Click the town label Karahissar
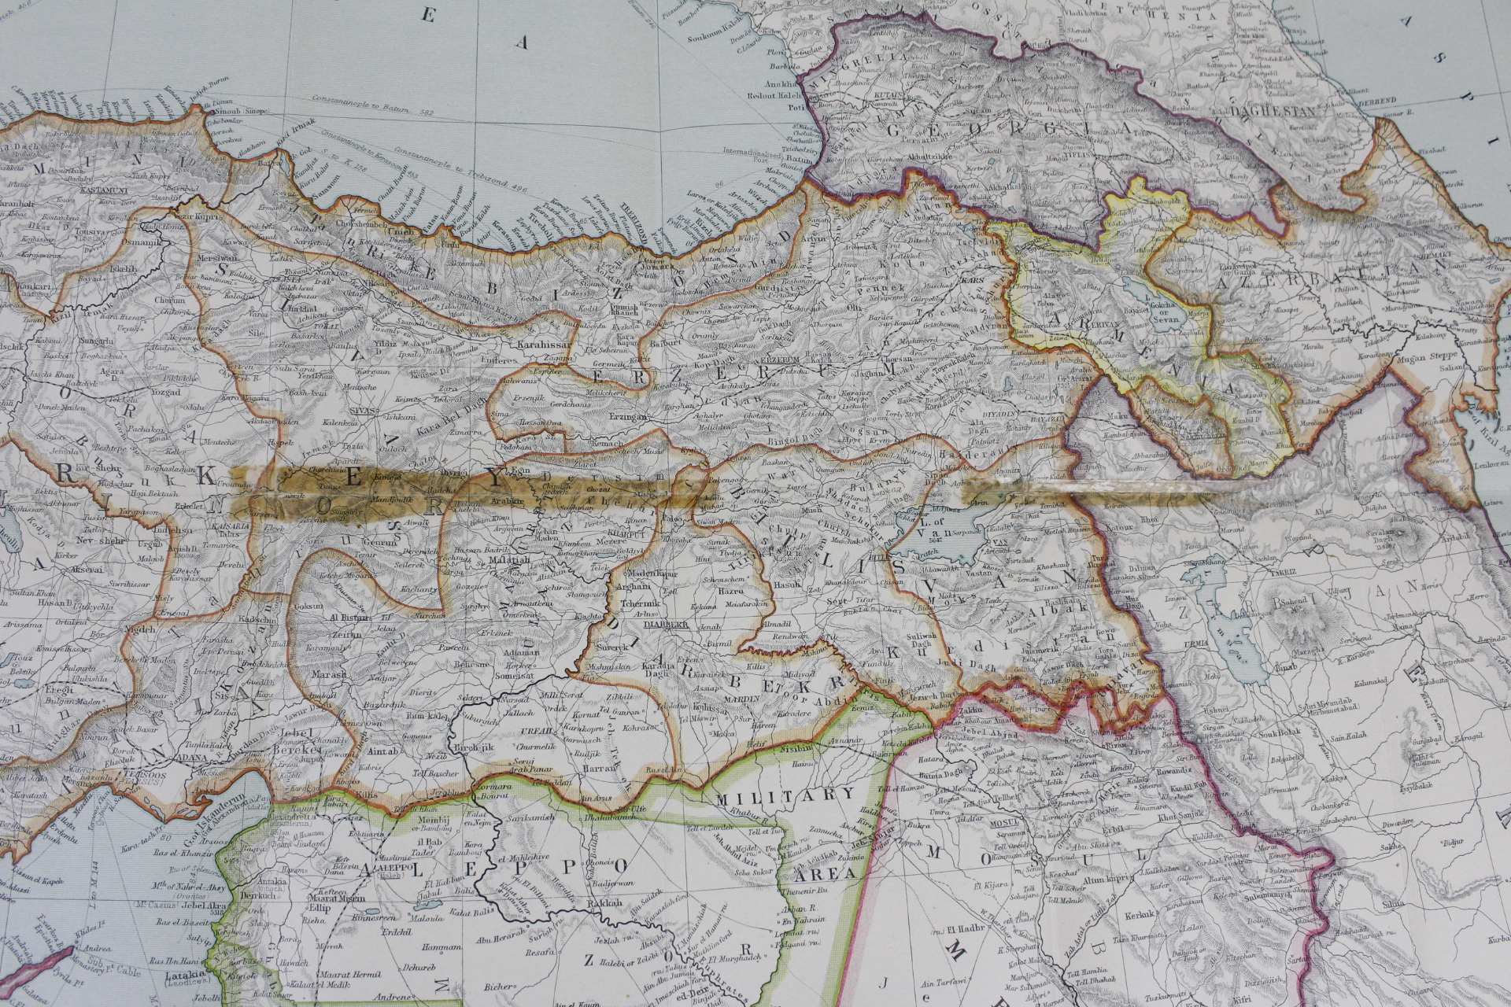(x=538, y=345)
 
